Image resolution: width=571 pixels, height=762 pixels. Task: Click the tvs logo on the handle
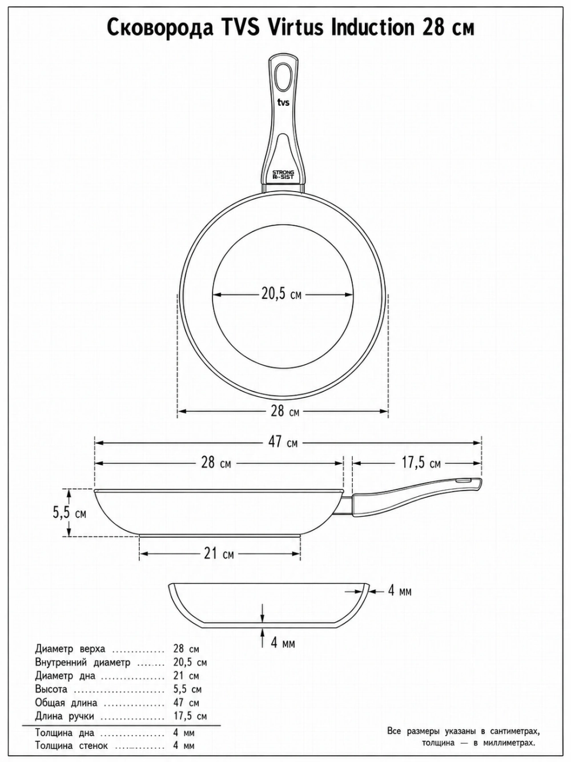(x=283, y=102)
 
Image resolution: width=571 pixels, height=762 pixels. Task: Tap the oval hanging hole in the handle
(x=283, y=77)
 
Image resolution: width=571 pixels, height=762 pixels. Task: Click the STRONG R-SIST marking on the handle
(x=283, y=174)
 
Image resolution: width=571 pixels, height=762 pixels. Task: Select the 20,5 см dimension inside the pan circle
(x=281, y=294)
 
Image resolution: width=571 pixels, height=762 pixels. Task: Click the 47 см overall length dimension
(x=283, y=442)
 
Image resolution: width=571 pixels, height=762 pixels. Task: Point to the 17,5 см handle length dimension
(x=421, y=463)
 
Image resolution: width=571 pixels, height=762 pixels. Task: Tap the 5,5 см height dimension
(x=69, y=513)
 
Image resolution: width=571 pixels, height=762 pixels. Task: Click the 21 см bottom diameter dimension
(x=219, y=554)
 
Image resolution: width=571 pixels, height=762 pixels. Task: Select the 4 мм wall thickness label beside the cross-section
(x=399, y=591)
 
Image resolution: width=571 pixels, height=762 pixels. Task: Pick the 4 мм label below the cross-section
(x=283, y=643)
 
